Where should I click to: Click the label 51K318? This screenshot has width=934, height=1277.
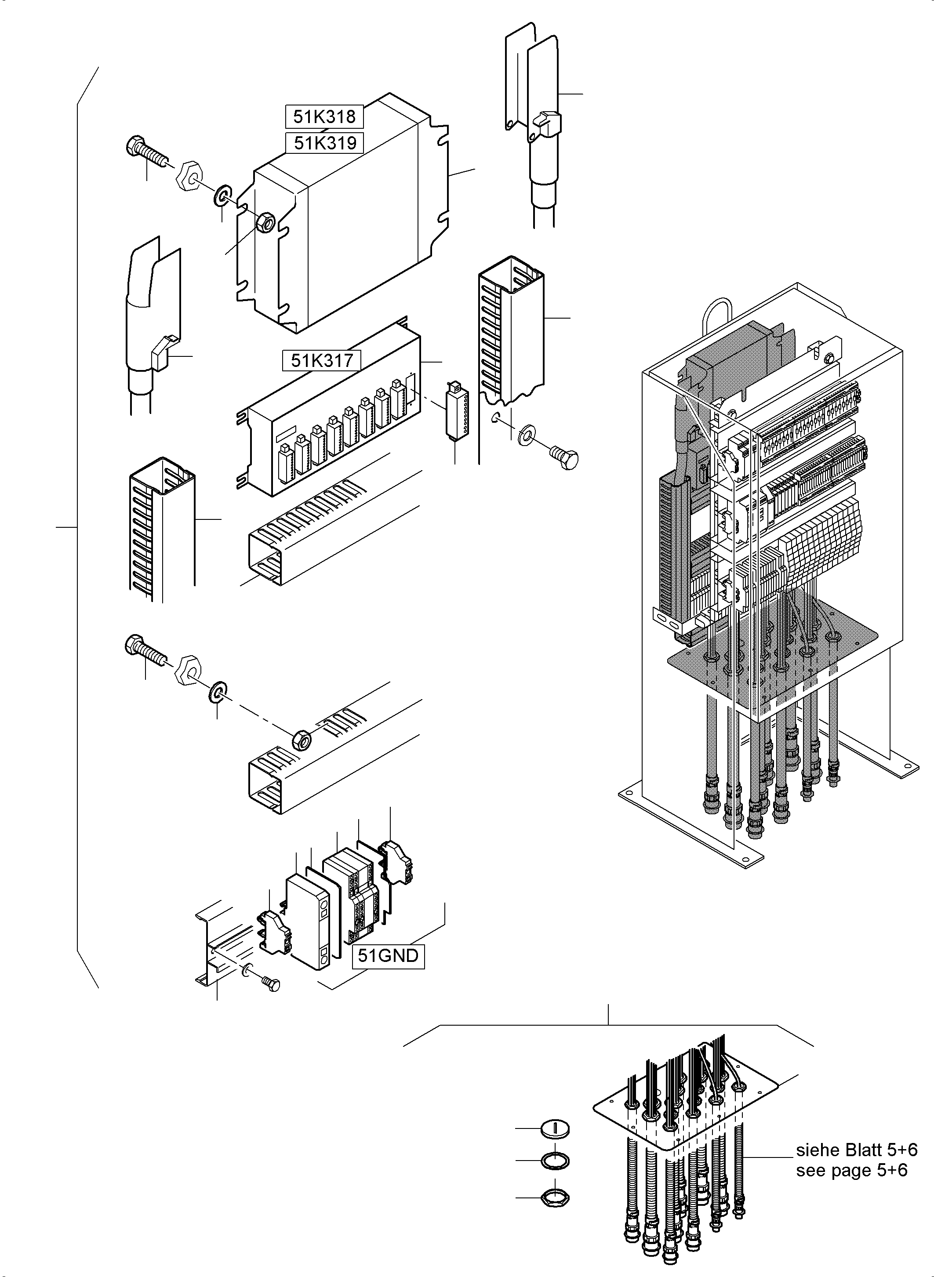[324, 116]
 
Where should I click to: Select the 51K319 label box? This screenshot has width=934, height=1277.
[324, 142]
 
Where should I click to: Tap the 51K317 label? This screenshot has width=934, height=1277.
[322, 360]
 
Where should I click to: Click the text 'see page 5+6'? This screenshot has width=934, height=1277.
[851, 1170]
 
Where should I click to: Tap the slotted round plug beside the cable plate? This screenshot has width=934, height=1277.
[555, 1129]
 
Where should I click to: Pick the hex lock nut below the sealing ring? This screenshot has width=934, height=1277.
[555, 1197]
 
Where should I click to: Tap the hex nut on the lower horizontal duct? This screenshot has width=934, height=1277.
[302, 740]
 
